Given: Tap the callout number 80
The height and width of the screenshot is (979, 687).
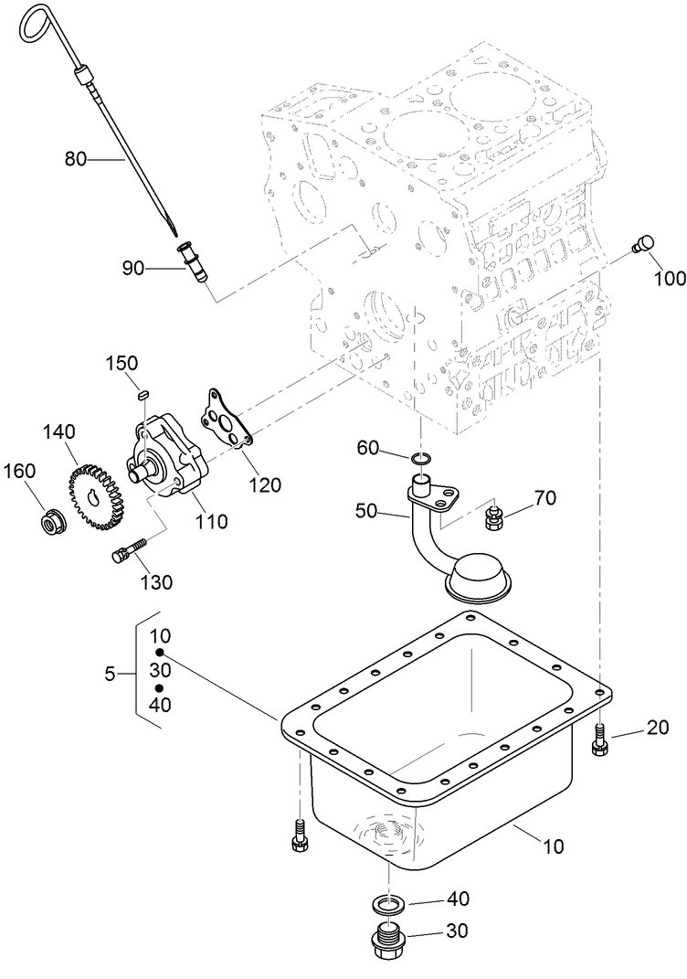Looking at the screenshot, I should [x=75, y=159].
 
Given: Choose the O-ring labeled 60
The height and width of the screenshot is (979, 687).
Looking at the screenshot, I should [x=421, y=458].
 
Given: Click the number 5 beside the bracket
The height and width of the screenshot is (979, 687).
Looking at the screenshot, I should [x=110, y=675].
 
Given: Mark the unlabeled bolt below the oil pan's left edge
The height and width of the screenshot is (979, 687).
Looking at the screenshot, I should [x=300, y=835].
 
